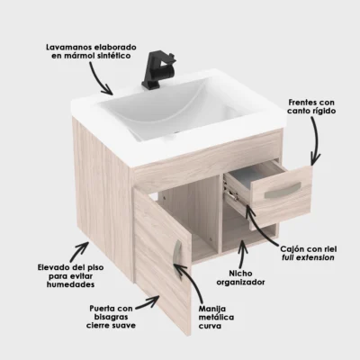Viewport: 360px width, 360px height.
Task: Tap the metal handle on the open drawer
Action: tap(283, 190)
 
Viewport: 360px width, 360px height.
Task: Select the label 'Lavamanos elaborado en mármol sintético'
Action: tap(91, 51)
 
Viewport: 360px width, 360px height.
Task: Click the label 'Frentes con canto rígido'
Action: tap(311, 106)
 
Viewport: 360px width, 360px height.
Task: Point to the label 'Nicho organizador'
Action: tap(240, 278)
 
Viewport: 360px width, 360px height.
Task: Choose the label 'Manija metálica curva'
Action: tap(216, 317)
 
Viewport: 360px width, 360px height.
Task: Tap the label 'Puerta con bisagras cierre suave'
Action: tap(111, 317)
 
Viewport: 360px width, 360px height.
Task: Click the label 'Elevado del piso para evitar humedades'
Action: tap(71, 275)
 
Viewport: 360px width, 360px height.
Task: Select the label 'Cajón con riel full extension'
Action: tap(309, 253)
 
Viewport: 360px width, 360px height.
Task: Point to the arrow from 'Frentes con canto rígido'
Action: tap(316, 139)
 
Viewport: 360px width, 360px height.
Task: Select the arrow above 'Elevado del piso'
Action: tap(78, 251)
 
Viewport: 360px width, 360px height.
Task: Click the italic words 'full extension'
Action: tap(308, 257)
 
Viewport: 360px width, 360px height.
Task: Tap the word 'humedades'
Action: tap(70, 284)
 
